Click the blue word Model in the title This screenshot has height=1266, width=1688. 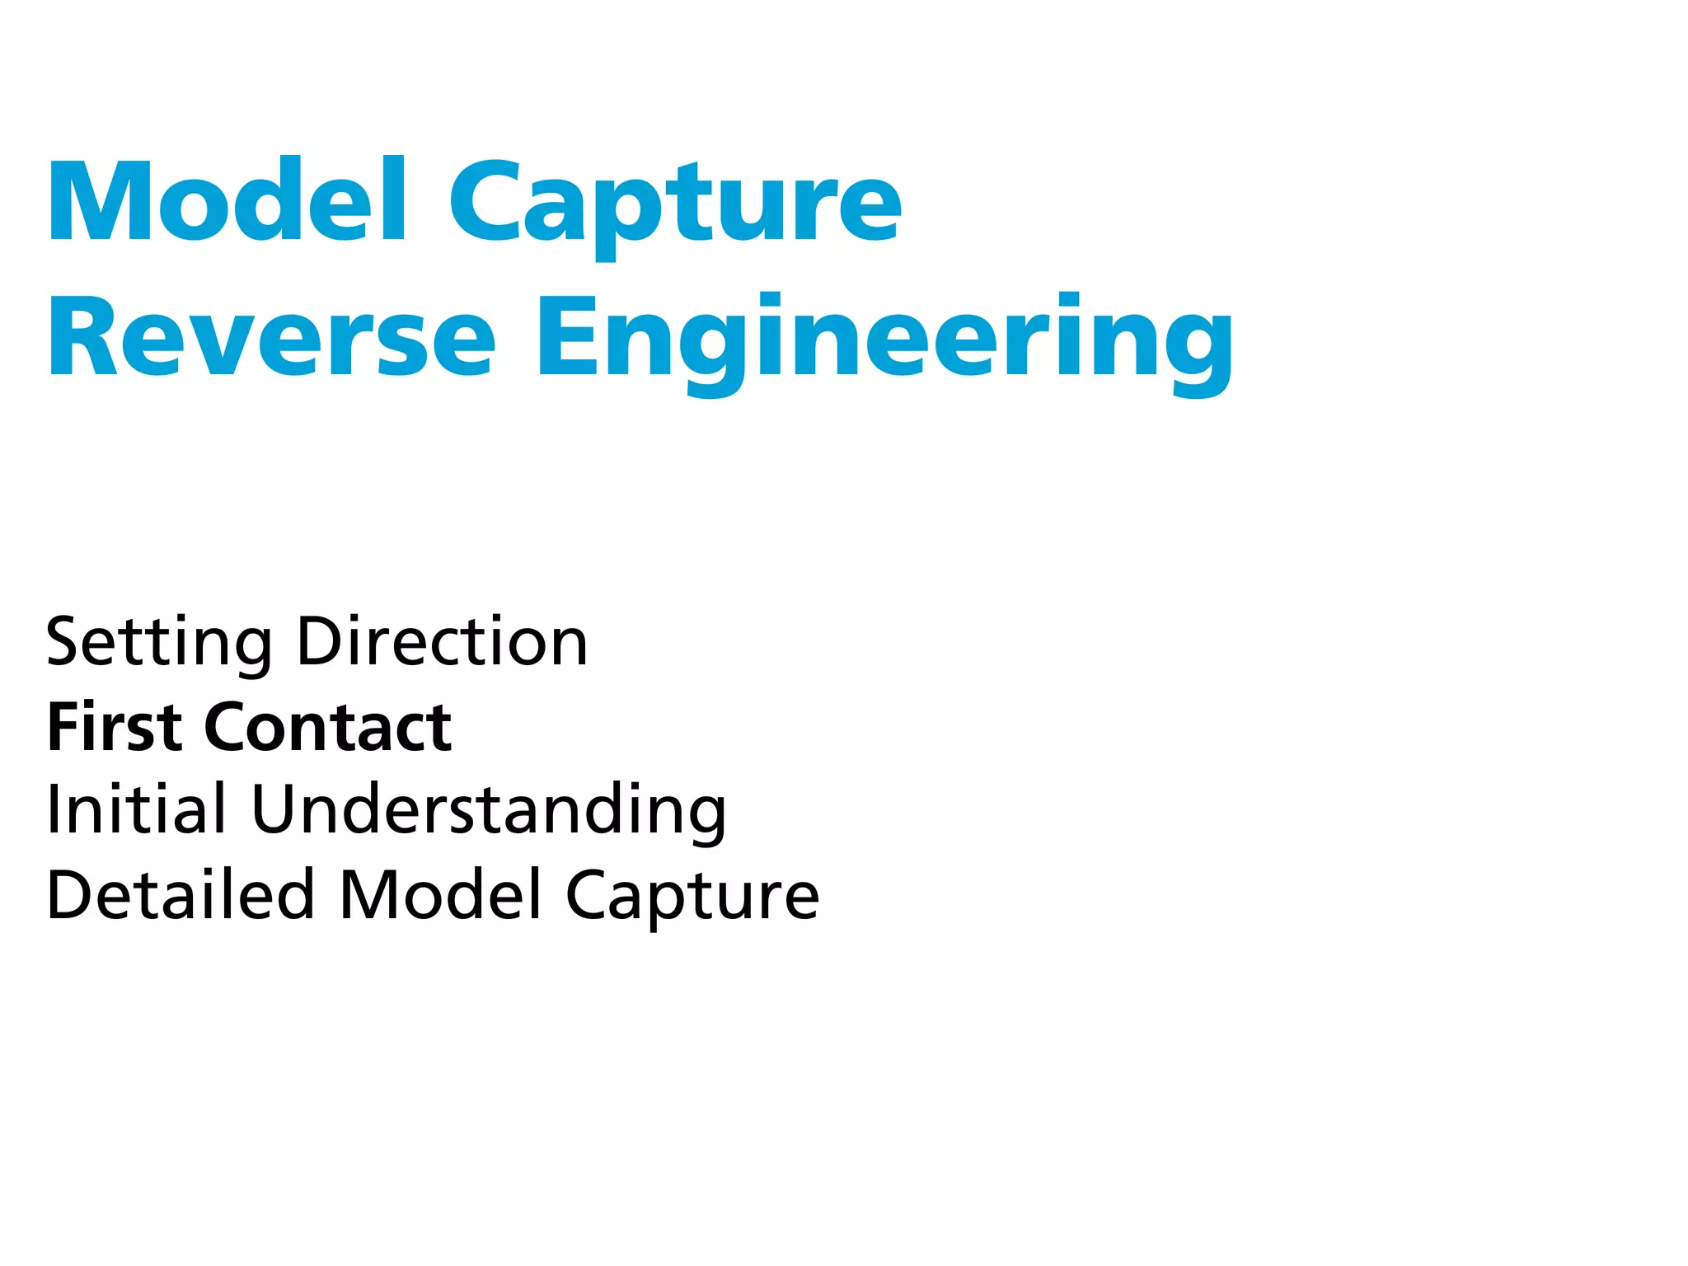227,201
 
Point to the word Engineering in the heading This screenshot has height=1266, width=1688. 885,341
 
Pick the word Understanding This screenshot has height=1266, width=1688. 489,811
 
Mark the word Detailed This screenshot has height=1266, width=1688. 181,895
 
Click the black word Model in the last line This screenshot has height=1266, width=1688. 441,895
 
